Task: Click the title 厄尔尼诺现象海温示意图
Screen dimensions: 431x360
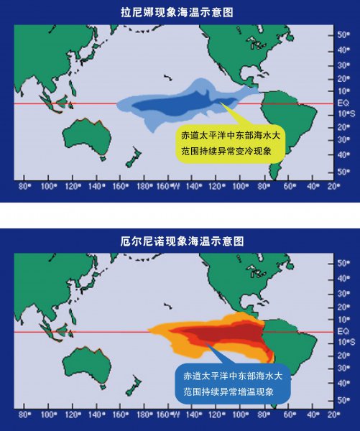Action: point(180,238)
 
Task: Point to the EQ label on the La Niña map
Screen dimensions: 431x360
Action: point(343,103)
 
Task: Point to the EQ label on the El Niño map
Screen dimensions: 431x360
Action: point(343,331)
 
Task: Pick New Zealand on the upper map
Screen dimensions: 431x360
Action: point(132,157)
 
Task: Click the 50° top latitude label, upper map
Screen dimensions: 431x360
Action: point(343,34)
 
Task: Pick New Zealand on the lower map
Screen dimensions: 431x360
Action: point(132,385)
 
